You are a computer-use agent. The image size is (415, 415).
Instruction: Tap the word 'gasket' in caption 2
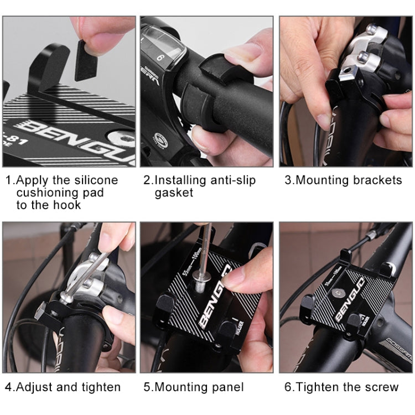(x=174, y=193)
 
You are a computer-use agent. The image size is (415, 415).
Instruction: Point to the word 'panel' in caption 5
(x=226, y=387)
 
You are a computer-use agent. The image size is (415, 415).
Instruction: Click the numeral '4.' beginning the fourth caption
(x=11, y=387)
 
